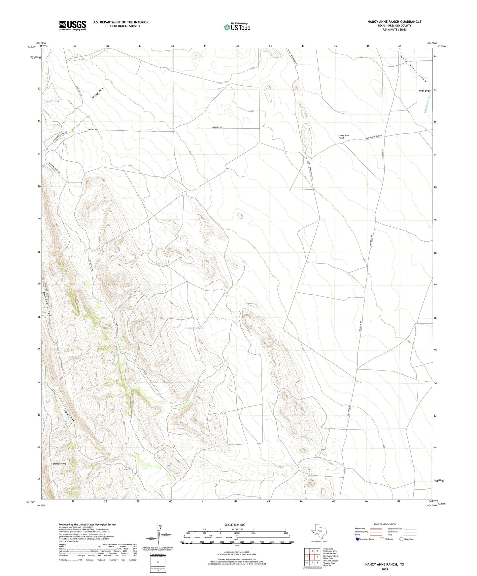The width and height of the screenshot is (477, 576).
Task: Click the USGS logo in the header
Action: [x=73, y=25]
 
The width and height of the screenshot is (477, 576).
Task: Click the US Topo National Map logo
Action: [x=237, y=27]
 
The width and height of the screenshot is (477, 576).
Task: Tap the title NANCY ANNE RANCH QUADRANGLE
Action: [x=394, y=22]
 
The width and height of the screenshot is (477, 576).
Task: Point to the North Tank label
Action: [x=52, y=102]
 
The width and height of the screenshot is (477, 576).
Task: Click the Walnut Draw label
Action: [x=98, y=93]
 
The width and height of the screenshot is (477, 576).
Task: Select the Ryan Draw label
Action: [x=425, y=91]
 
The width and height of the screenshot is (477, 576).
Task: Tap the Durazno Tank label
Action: [x=195, y=328]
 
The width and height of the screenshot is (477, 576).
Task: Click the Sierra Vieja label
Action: [x=59, y=464]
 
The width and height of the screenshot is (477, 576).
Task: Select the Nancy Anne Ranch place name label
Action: [x=344, y=137]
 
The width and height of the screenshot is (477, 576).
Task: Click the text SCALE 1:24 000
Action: [x=235, y=525]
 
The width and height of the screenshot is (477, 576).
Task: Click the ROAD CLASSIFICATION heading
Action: [x=385, y=524]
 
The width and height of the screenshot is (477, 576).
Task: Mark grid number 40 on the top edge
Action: [x=172, y=46]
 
